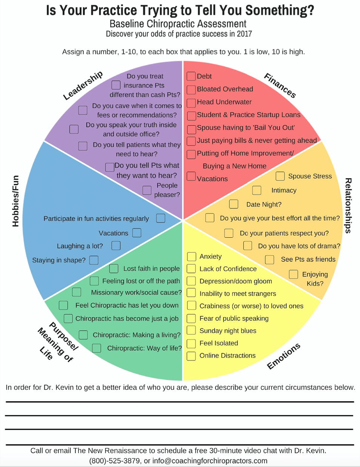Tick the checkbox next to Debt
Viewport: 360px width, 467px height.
191,76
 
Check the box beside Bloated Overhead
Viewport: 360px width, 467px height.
191,90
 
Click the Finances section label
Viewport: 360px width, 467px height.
280,86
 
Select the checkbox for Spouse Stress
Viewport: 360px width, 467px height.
280,176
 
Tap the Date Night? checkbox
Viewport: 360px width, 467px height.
234,204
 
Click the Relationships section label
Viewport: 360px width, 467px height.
348,206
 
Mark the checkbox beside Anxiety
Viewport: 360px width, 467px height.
191,257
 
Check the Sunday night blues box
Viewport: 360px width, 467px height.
191,330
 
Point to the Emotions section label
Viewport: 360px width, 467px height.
283,356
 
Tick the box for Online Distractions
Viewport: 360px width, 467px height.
191,356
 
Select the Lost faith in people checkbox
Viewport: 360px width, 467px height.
114,269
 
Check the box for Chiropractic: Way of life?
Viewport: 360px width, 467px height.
97,348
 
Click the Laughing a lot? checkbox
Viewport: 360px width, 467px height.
116,246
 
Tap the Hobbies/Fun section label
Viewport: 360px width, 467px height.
15,201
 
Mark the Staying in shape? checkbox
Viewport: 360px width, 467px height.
94,260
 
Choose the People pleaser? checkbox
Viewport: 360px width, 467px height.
147,190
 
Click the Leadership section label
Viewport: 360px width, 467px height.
83,85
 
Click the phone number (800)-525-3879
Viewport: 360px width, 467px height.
114,461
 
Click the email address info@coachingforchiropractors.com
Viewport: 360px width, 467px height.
210,461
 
